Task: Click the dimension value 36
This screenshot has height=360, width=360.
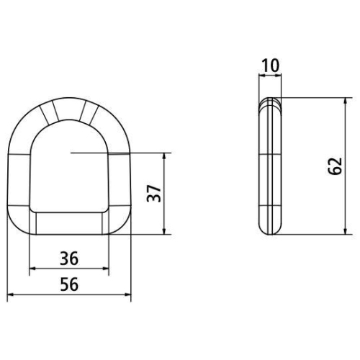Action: click(x=69, y=258)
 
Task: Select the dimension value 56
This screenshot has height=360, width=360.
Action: click(x=69, y=284)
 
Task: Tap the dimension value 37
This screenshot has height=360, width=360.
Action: click(x=154, y=194)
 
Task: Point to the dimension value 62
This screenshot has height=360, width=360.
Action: click(x=335, y=166)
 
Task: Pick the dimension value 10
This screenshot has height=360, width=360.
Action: click(x=271, y=66)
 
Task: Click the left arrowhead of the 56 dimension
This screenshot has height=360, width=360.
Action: click(x=10, y=294)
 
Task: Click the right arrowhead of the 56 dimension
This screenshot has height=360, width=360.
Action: click(x=128, y=294)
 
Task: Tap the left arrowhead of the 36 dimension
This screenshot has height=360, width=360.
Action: click(x=32, y=269)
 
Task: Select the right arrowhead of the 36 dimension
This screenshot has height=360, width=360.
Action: click(x=106, y=269)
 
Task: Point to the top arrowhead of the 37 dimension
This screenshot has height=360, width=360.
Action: click(x=164, y=156)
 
